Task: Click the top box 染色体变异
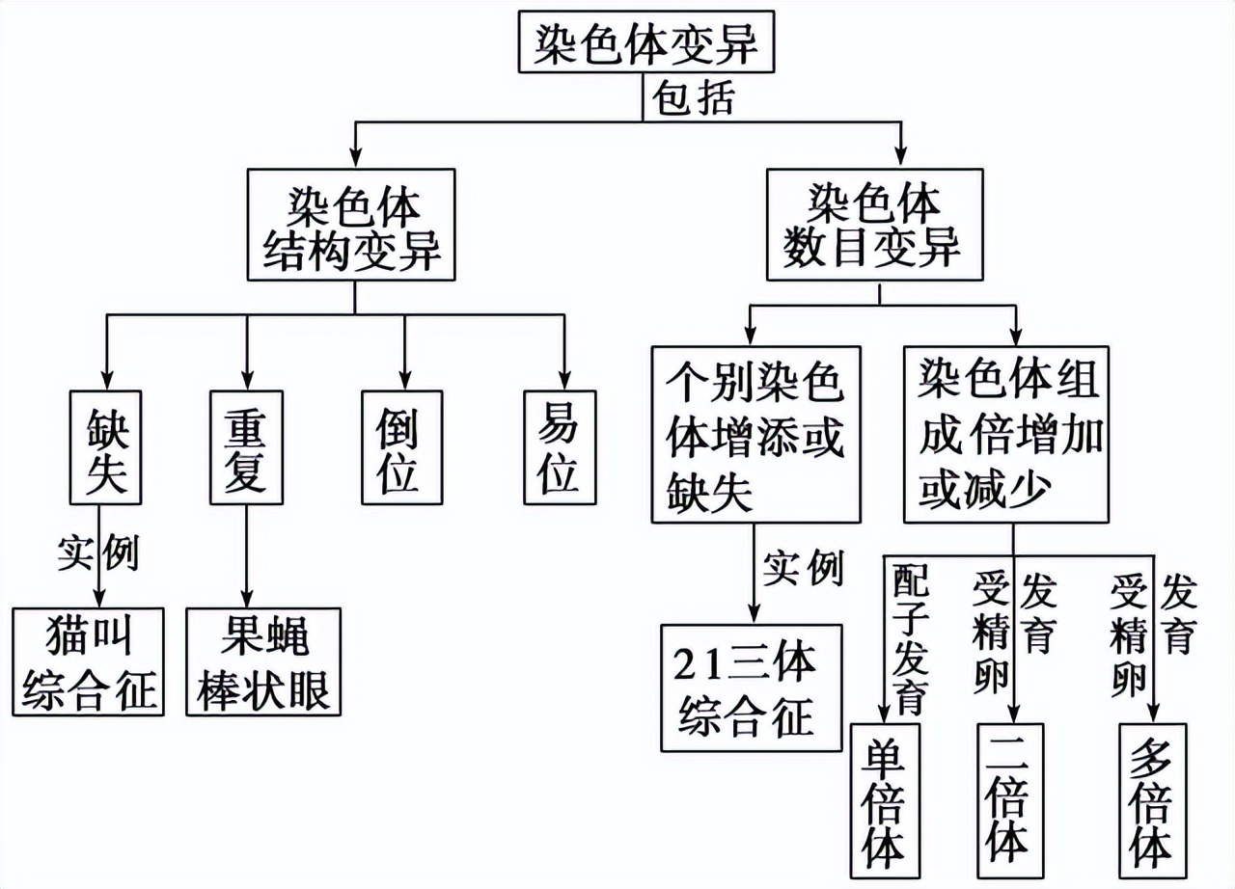pyautogui.click(x=646, y=40)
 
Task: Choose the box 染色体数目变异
pyautogui.click(x=874, y=225)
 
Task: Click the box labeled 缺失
pyautogui.click(x=106, y=447)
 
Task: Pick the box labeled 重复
pyautogui.click(x=246, y=447)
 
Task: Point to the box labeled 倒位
pyautogui.click(x=402, y=447)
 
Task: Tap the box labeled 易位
pyautogui.click(x=560, y=447)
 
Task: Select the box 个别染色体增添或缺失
pyautogui.click(x=755, y=434)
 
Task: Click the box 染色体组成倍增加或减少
pyautogui.click(x=1010, y=434)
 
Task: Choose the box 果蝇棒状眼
pyautogui.click(x=263, y=661)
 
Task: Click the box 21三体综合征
pyautogui.click(x=751, y=687)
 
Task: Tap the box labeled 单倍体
pyautogui.click(x=885, y=803)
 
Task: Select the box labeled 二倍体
pyautogui.click(x=1009, y=803)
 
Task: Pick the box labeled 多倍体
pyautogui.click(x=1152, y=803)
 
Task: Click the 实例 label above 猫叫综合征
pyautogui.click(x=97, y=554)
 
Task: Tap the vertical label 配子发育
pyautogui.click(x=910, y=636)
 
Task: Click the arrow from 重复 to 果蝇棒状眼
pyautogui.click(x=246, y=554)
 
